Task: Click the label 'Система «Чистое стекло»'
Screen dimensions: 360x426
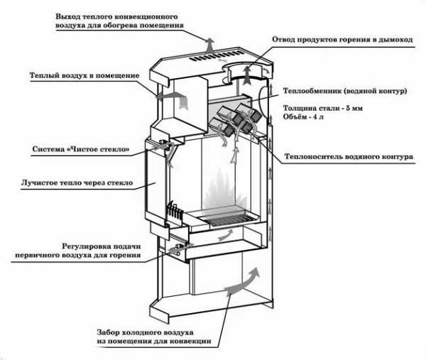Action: [x=81, y=150]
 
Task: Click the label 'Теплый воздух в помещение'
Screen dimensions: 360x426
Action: [x=83, y=75]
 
